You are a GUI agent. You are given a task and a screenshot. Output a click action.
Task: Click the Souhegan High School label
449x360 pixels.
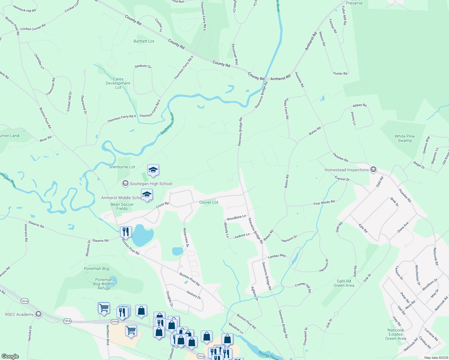pyautogui.click(x=151, y=184)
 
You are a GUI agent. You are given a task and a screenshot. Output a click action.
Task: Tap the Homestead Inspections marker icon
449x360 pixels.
pyautogui.click(x=373, y=170)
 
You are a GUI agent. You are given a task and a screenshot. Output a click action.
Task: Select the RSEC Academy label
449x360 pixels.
pyautogui.click(x=20, y=314)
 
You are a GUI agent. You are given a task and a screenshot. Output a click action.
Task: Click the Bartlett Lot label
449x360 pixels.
pyautogui.click(x=144, y=41)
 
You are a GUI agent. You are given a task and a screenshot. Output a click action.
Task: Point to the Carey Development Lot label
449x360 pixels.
pyautogui.click(x=118, y=83)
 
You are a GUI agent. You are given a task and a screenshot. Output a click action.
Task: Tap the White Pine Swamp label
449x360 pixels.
pyautogui.click(x=405, y=138)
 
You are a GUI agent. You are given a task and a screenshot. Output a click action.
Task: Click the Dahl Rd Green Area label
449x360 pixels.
pyautogui.click(x=344, y=283)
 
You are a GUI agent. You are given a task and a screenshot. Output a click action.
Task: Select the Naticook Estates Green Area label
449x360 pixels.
pyautogui.click(x=396, y=334)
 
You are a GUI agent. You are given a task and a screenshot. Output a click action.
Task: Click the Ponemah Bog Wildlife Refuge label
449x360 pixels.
pyautogui.click(x=104, y=284)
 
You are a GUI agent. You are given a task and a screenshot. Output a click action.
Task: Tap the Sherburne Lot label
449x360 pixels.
pyautogui.click(x=122, y=167)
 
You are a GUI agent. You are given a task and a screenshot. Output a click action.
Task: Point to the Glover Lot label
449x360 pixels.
pyautogui.click(x=209, y=202)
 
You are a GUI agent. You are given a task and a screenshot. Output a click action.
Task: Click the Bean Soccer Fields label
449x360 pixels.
pyautogui.click(x=122, y=206)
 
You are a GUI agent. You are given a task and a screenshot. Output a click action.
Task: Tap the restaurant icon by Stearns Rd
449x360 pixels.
pyautogui.click(x=126, y=232)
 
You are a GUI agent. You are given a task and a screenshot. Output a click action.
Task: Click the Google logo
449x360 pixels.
pyautogui.click(x=10, y=356)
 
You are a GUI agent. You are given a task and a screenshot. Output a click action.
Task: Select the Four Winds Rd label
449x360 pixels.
pyautogui.click(x=324, y=203)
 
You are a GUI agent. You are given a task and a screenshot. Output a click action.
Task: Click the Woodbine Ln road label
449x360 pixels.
pyautogui.click(x=236, y=218)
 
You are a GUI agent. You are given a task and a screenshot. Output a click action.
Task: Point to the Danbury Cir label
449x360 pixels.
pyautogui.click(x=143, y=66)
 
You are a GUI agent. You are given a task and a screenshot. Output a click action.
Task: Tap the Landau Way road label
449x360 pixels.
pyautogui.click(x=277, y=256)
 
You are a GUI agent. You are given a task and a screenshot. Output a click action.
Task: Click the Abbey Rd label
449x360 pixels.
pyautogui.click(x=360, y=105)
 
